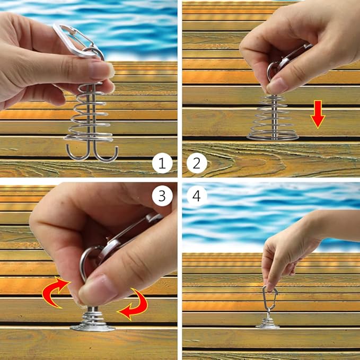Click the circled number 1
coord(162,163)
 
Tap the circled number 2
coord(197,163)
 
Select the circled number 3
coord(162,196)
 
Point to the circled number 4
coord(197,196)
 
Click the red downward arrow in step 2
coord(318,114)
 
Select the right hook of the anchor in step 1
coord(107,154)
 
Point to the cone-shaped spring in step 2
coord(273,119)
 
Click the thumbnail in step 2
coord(277,85)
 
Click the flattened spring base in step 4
coord(268,324)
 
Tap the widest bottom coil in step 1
coord(89,138)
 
